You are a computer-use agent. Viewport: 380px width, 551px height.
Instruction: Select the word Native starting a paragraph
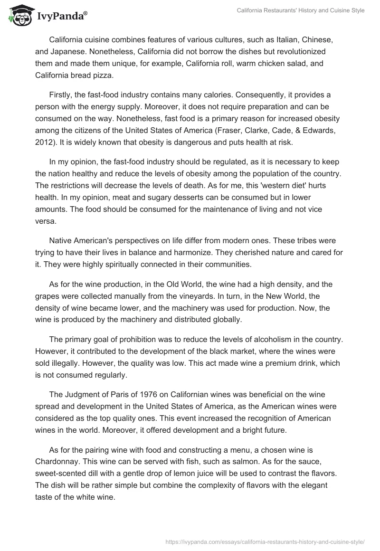(61, 237)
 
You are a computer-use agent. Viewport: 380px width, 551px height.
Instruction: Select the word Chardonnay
(58, 454)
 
